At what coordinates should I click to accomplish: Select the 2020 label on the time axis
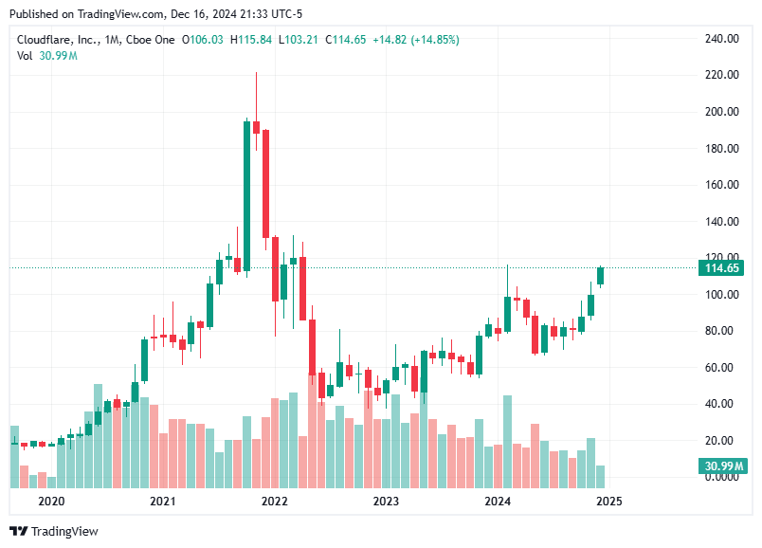[50, 501]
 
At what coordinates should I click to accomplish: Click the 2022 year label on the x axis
[274, 501]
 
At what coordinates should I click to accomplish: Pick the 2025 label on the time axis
[608, 501]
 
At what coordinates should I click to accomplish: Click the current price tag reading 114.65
[722, 268]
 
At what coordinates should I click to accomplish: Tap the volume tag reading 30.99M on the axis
[722, 466]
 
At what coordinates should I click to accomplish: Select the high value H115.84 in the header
[251, 40]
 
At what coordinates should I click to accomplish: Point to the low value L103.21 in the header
[299, 40]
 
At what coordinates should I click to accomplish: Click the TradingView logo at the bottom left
[54, 532]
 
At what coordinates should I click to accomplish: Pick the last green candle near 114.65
[600, 276]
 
